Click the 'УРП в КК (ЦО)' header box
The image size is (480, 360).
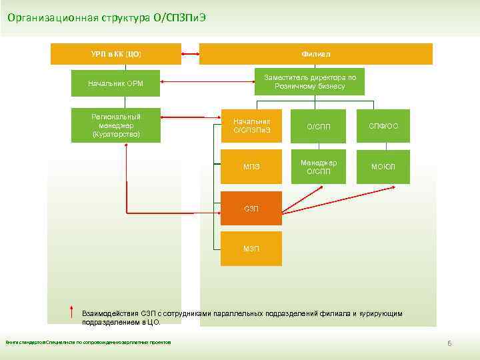[116, 53]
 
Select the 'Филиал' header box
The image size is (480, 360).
[315, 53]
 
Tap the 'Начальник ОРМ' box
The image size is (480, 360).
[115, 83]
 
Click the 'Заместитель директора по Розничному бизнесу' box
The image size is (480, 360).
[310, 82]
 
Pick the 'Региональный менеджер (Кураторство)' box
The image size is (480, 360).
[115, 125]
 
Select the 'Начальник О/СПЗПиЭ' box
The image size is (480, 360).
[251, 125]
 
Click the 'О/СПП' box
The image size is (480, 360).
[318, 126]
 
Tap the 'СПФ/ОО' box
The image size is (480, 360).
[383, 126]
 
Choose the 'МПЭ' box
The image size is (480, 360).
[251, 167]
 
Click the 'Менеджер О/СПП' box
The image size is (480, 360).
[318, 167]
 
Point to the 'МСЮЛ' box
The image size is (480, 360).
[383, 167]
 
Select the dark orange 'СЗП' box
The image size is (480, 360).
[251, 209]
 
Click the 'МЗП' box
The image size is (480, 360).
[251, 249]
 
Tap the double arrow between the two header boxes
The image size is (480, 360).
[190, 53]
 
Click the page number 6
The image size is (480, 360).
[449, 343]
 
